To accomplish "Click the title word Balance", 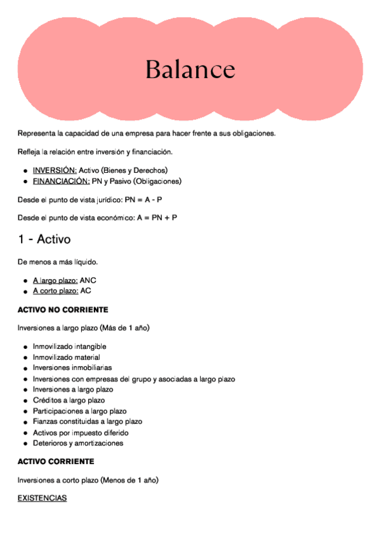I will click(x=190, y=69).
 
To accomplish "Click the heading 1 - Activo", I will click(x=44, y=240).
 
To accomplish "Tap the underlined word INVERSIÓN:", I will click(x=55, y=170).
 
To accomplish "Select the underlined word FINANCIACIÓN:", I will click(x=61, y=181).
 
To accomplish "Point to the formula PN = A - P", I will click(x=143, y=200).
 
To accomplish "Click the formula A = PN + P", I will click(x=157, y=217).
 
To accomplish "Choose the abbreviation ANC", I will click(x=88, y=280).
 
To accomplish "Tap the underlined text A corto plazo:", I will click(x=55, y=290).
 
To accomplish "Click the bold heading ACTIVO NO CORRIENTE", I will click(x=63, y=310).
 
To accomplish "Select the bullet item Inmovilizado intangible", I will click(x=69, y=346).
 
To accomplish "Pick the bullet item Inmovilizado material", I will click(x=66, y=357).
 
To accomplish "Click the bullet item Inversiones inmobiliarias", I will click(x=72, y=368).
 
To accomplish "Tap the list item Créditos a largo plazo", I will click(x=69, y=400).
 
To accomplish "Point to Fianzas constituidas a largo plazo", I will click(x=87, y=421).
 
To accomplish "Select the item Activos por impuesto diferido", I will click(x=80, y=433).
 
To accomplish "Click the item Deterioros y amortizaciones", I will click(x=77, y=443).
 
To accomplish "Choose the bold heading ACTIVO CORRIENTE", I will click(x=56, y=461).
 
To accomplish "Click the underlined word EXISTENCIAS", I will click(x=42, y=498).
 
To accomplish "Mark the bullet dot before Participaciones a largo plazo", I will click(x=25, y=412).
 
